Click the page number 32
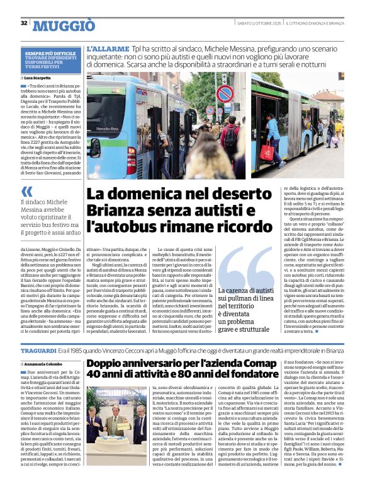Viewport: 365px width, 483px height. tap(24, 23)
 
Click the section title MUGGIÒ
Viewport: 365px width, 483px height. tap(64, 26)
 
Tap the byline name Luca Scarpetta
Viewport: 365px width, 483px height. tap(38, 78)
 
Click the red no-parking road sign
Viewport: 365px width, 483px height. tap(225, 95)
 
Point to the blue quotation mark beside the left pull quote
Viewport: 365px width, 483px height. tap(26, 191)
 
